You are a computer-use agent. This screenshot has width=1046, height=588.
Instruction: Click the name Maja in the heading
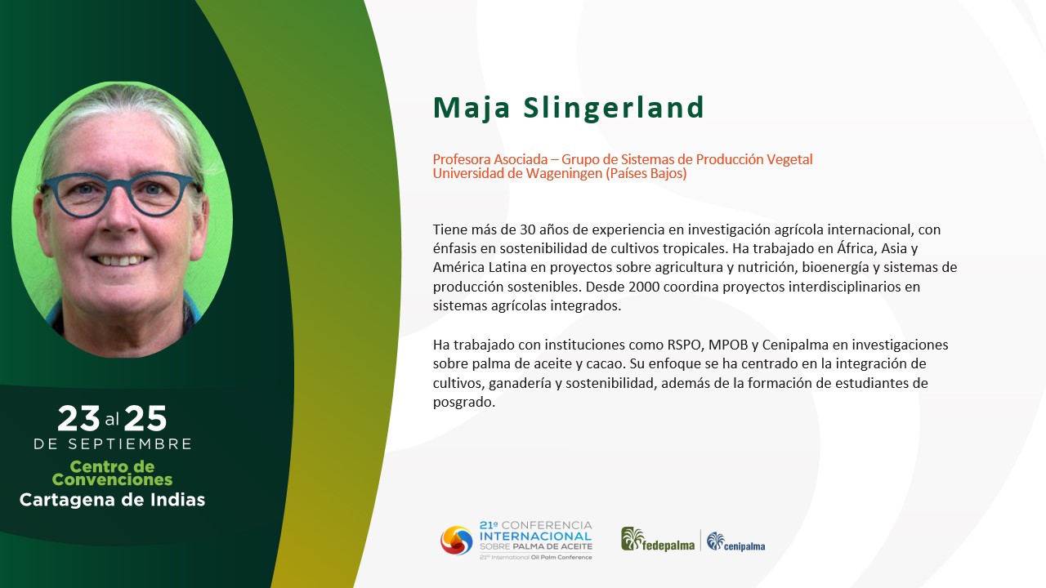(472, 109)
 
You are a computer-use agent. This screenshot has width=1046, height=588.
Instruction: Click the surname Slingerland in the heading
(614, 109)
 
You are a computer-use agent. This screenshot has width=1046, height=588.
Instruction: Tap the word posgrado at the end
(463, 403)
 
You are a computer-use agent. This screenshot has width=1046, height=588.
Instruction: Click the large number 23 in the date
(78, 418)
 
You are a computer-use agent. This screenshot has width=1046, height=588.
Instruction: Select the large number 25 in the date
(145, 418)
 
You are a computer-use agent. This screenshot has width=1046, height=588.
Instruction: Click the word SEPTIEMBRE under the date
(130, 443)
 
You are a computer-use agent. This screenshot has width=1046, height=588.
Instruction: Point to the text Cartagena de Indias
(112, 500)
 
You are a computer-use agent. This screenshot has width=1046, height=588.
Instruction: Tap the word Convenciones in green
(112, 479)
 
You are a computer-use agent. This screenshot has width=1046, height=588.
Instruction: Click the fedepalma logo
(658, 540)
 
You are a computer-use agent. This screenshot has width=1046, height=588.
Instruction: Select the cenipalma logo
(736, 541)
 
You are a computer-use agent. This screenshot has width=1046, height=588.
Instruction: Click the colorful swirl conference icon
(457, 541)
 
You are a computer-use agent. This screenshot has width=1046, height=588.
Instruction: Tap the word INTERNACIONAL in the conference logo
(535, 537)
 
